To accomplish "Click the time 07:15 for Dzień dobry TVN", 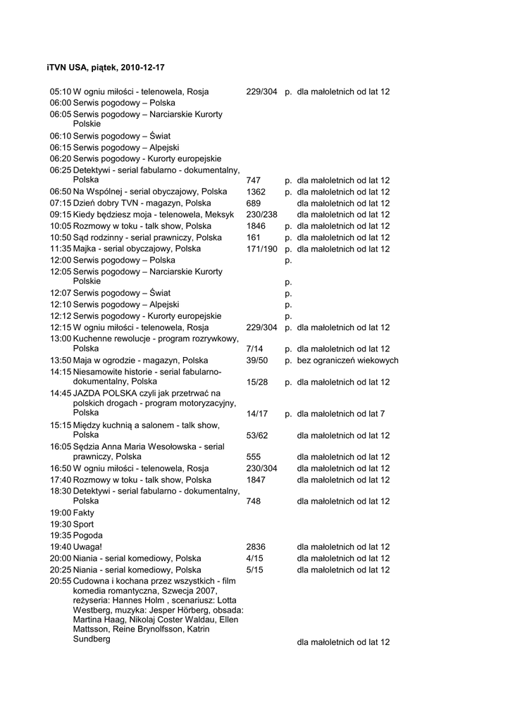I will [61, 203].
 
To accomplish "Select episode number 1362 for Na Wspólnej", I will [256, 192].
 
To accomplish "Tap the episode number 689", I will [254, 203].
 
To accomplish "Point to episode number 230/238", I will [262, 214].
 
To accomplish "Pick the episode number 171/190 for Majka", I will [262, 249].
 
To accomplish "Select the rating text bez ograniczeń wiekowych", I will [347, 360].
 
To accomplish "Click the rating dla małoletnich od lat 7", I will [341, 414].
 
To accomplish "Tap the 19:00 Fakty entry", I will [72, 513].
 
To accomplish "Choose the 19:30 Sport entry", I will [72, 524].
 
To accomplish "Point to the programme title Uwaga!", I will [87, 546].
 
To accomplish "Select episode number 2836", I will [256, 546].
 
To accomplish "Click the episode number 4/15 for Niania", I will [254, 558].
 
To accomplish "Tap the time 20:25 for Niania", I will [61, 569].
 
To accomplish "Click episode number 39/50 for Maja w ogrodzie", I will [257, 360].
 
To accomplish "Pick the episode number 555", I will [254, 456].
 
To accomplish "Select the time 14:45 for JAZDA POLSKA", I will [61, 393].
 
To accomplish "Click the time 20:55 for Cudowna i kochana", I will [61, 581].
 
